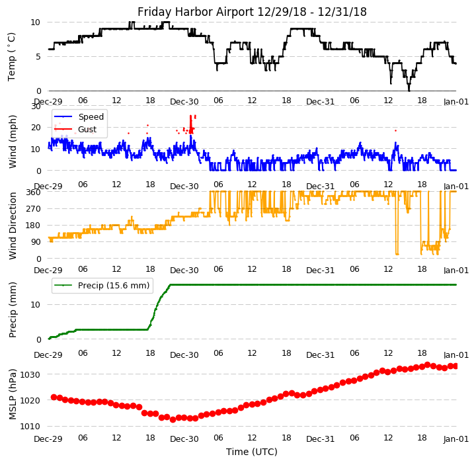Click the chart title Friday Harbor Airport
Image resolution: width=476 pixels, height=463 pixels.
(252, 12)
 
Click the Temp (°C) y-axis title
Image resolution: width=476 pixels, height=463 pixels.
(12, 56)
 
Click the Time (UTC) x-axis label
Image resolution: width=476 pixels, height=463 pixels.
(252, 452)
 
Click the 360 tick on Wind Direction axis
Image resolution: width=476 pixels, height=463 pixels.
(34, 192)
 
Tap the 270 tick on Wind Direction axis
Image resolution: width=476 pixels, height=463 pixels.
(34, 208)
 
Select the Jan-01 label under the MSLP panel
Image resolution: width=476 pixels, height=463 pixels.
(456, 439)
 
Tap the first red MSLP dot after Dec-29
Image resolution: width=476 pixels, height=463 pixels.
(54, 397)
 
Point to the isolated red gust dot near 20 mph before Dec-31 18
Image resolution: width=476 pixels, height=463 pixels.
(395, 130)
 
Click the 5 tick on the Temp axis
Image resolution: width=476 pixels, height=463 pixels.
(39, 56)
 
